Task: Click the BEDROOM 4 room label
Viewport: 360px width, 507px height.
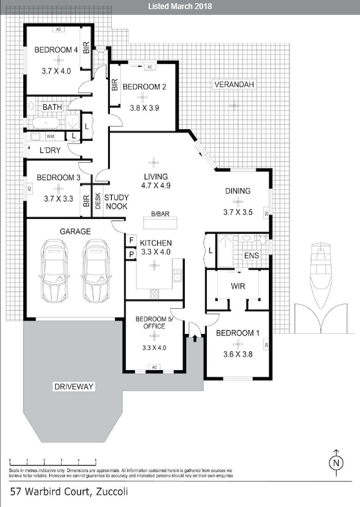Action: (x=56, y=50)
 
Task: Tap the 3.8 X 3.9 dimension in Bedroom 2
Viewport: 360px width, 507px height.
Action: (x=145, y=99)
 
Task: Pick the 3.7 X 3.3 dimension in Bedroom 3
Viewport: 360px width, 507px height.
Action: (x=59, y=200)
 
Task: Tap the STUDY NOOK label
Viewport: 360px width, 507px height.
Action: (x=116, y=202)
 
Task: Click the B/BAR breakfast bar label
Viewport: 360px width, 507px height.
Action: (x=160, y=214)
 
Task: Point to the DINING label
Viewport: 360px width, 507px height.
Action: (x=238, y=191)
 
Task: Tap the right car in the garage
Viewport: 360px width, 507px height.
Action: (x=96, y=271)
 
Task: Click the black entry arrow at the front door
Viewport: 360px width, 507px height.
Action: (x=193, y=340)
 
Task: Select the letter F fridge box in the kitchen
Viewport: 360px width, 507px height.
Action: (x=131, y=241)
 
